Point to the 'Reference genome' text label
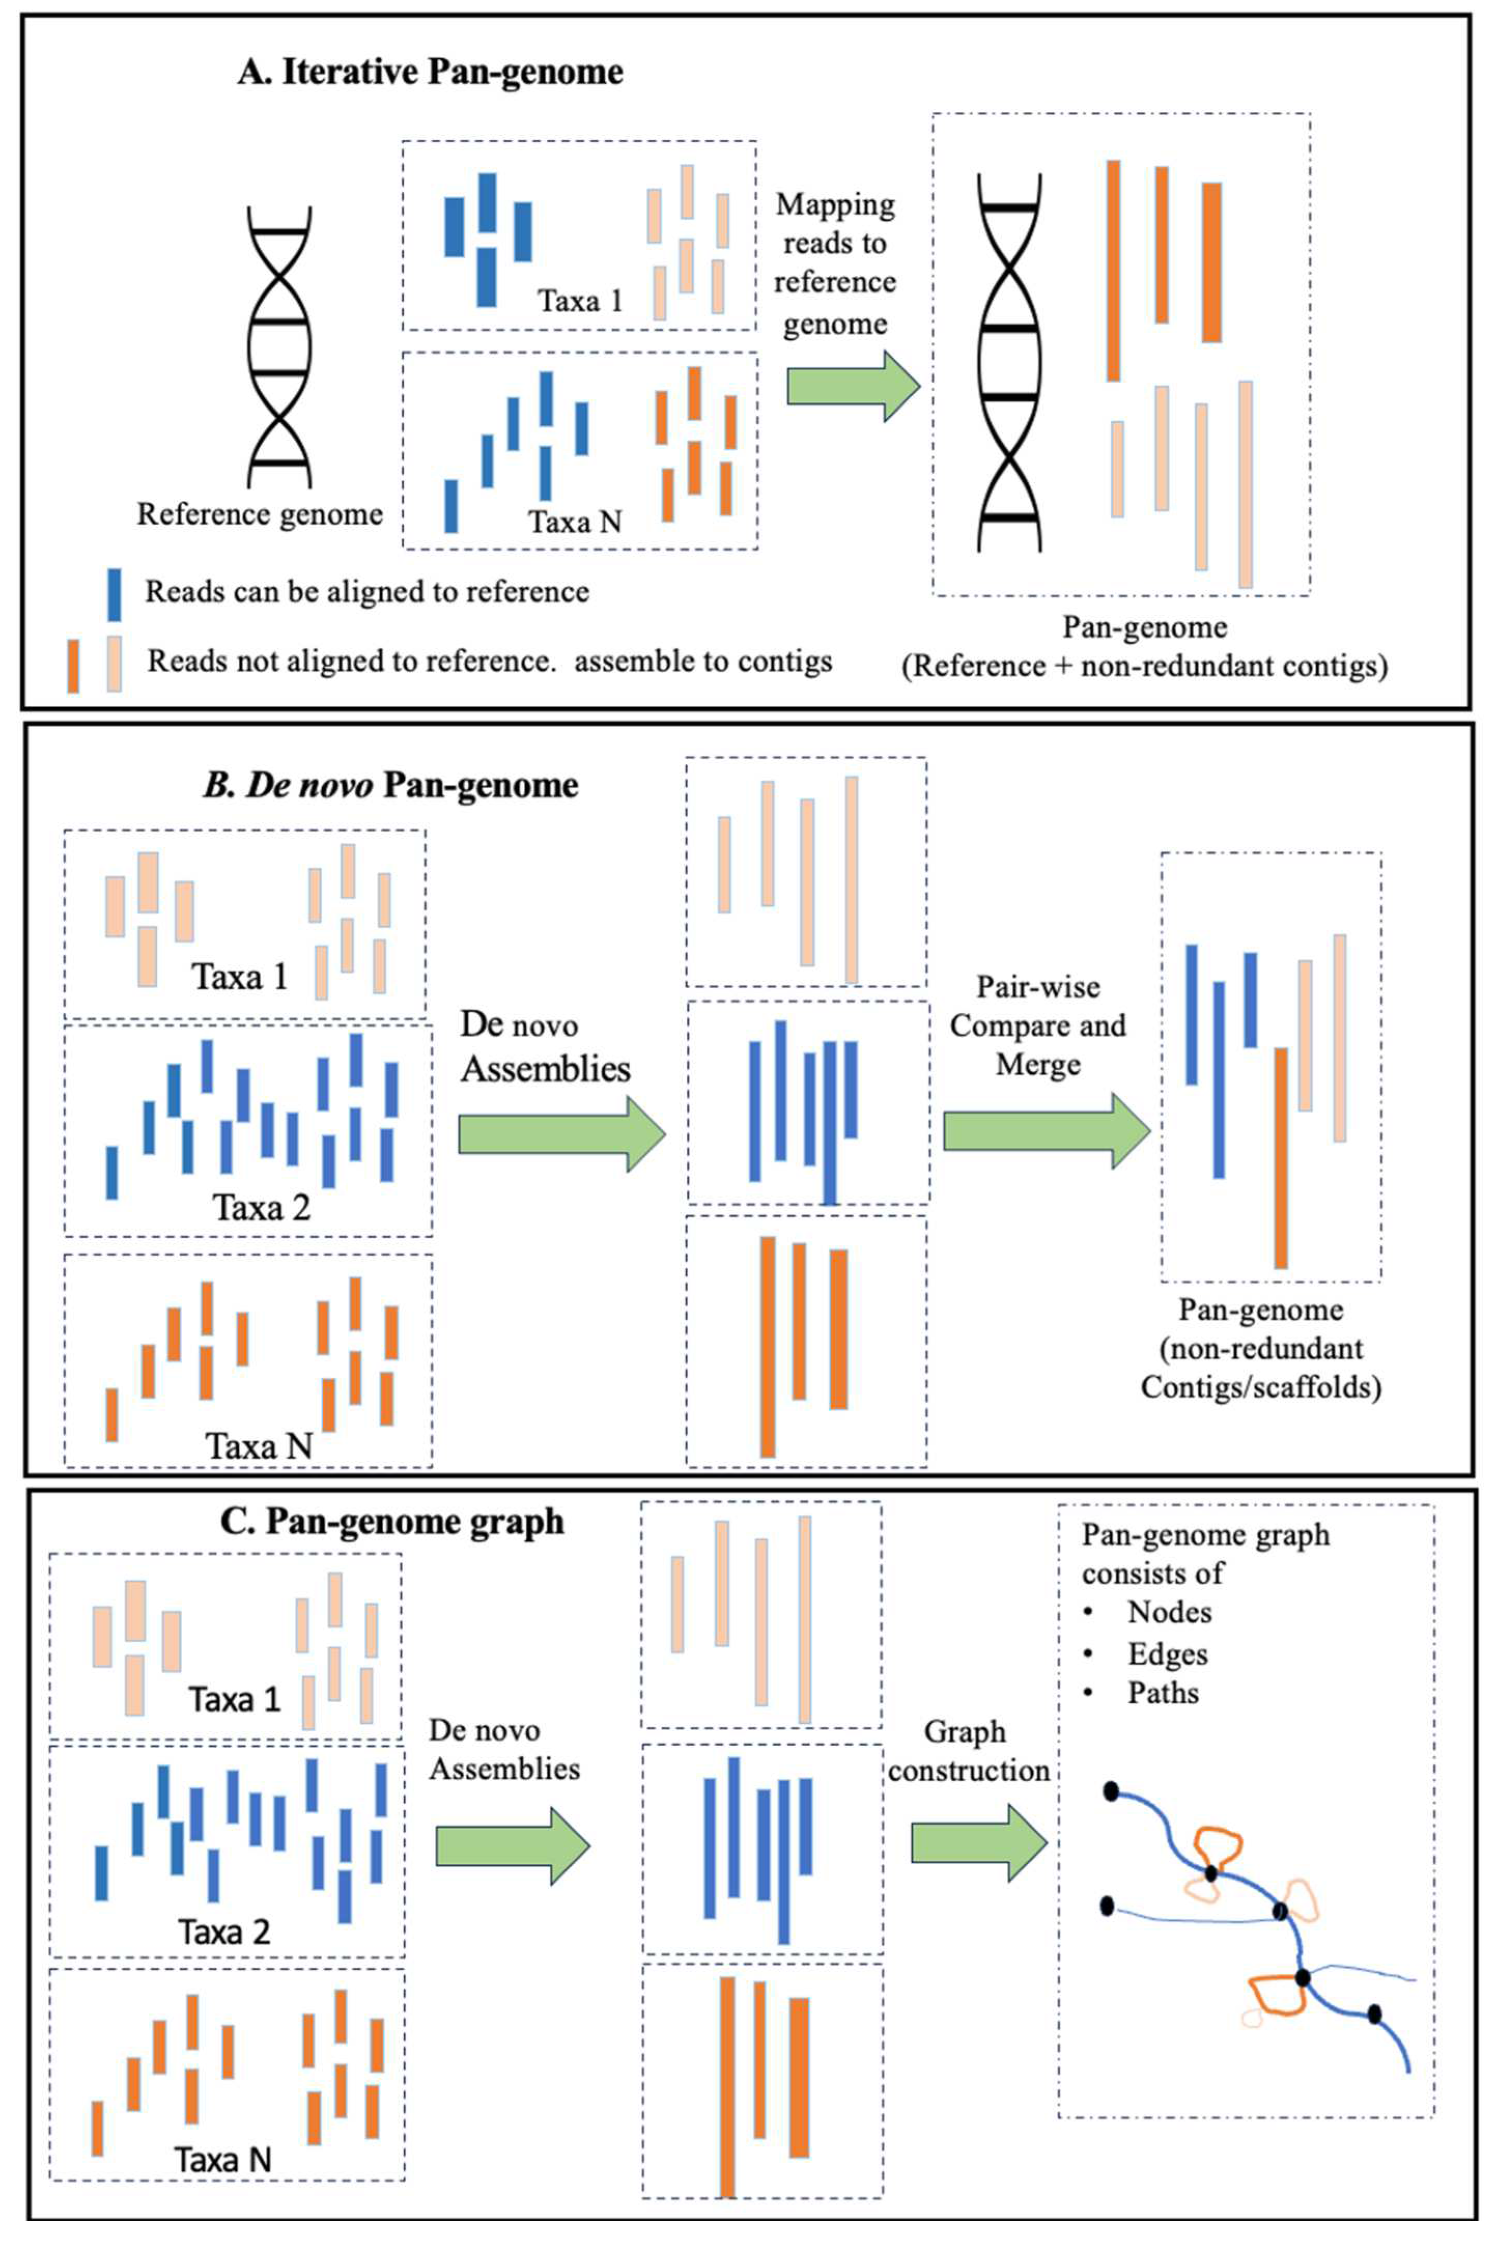click(x=260, y=514)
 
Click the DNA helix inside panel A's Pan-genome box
click(x=1010, y=361)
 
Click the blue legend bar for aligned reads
click(x=114, y=594)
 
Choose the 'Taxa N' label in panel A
click(x=575, y=522)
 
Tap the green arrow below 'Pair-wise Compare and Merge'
click(x=1045, y=1131)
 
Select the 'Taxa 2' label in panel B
click(x=261, y=1208)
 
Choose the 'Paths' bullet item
click(x=1162, y=1693)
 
